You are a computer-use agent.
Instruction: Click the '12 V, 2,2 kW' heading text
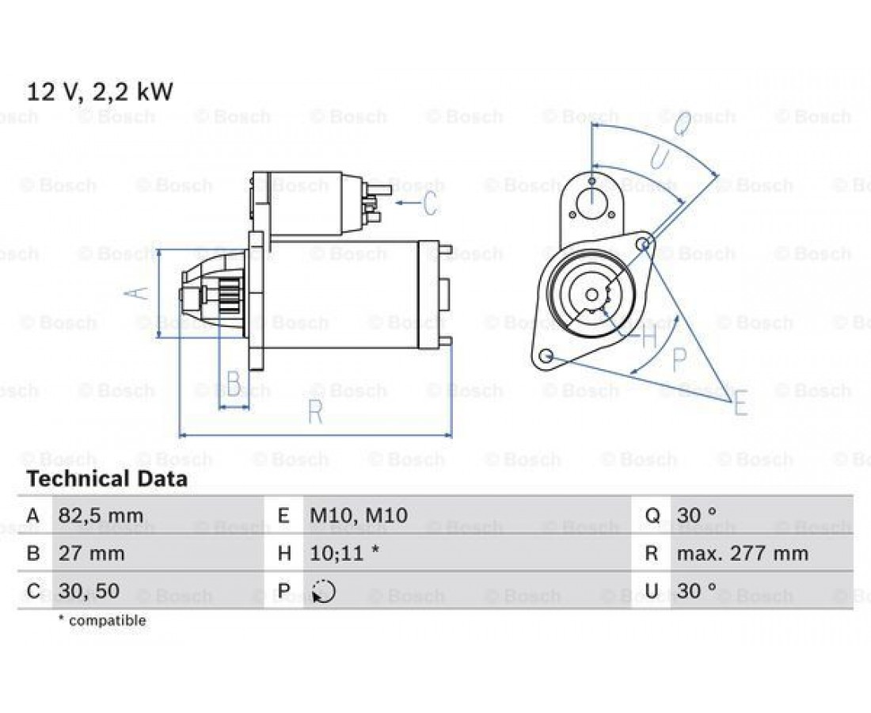(x=100, y=92)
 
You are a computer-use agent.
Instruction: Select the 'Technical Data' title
(x=107, y=479)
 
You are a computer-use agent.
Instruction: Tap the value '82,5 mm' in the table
(x=101, y=516)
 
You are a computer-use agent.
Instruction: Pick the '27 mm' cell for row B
(x=92, y=554)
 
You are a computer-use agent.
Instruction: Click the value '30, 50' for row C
(x=89, y=590)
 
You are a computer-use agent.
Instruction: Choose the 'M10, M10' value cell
(x=359, y=515)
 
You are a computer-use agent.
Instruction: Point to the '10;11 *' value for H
(x=344, y=553)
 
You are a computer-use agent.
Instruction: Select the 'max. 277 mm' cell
(x=742, y=553)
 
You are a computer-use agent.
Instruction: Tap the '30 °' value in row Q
(x=697, y=515)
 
